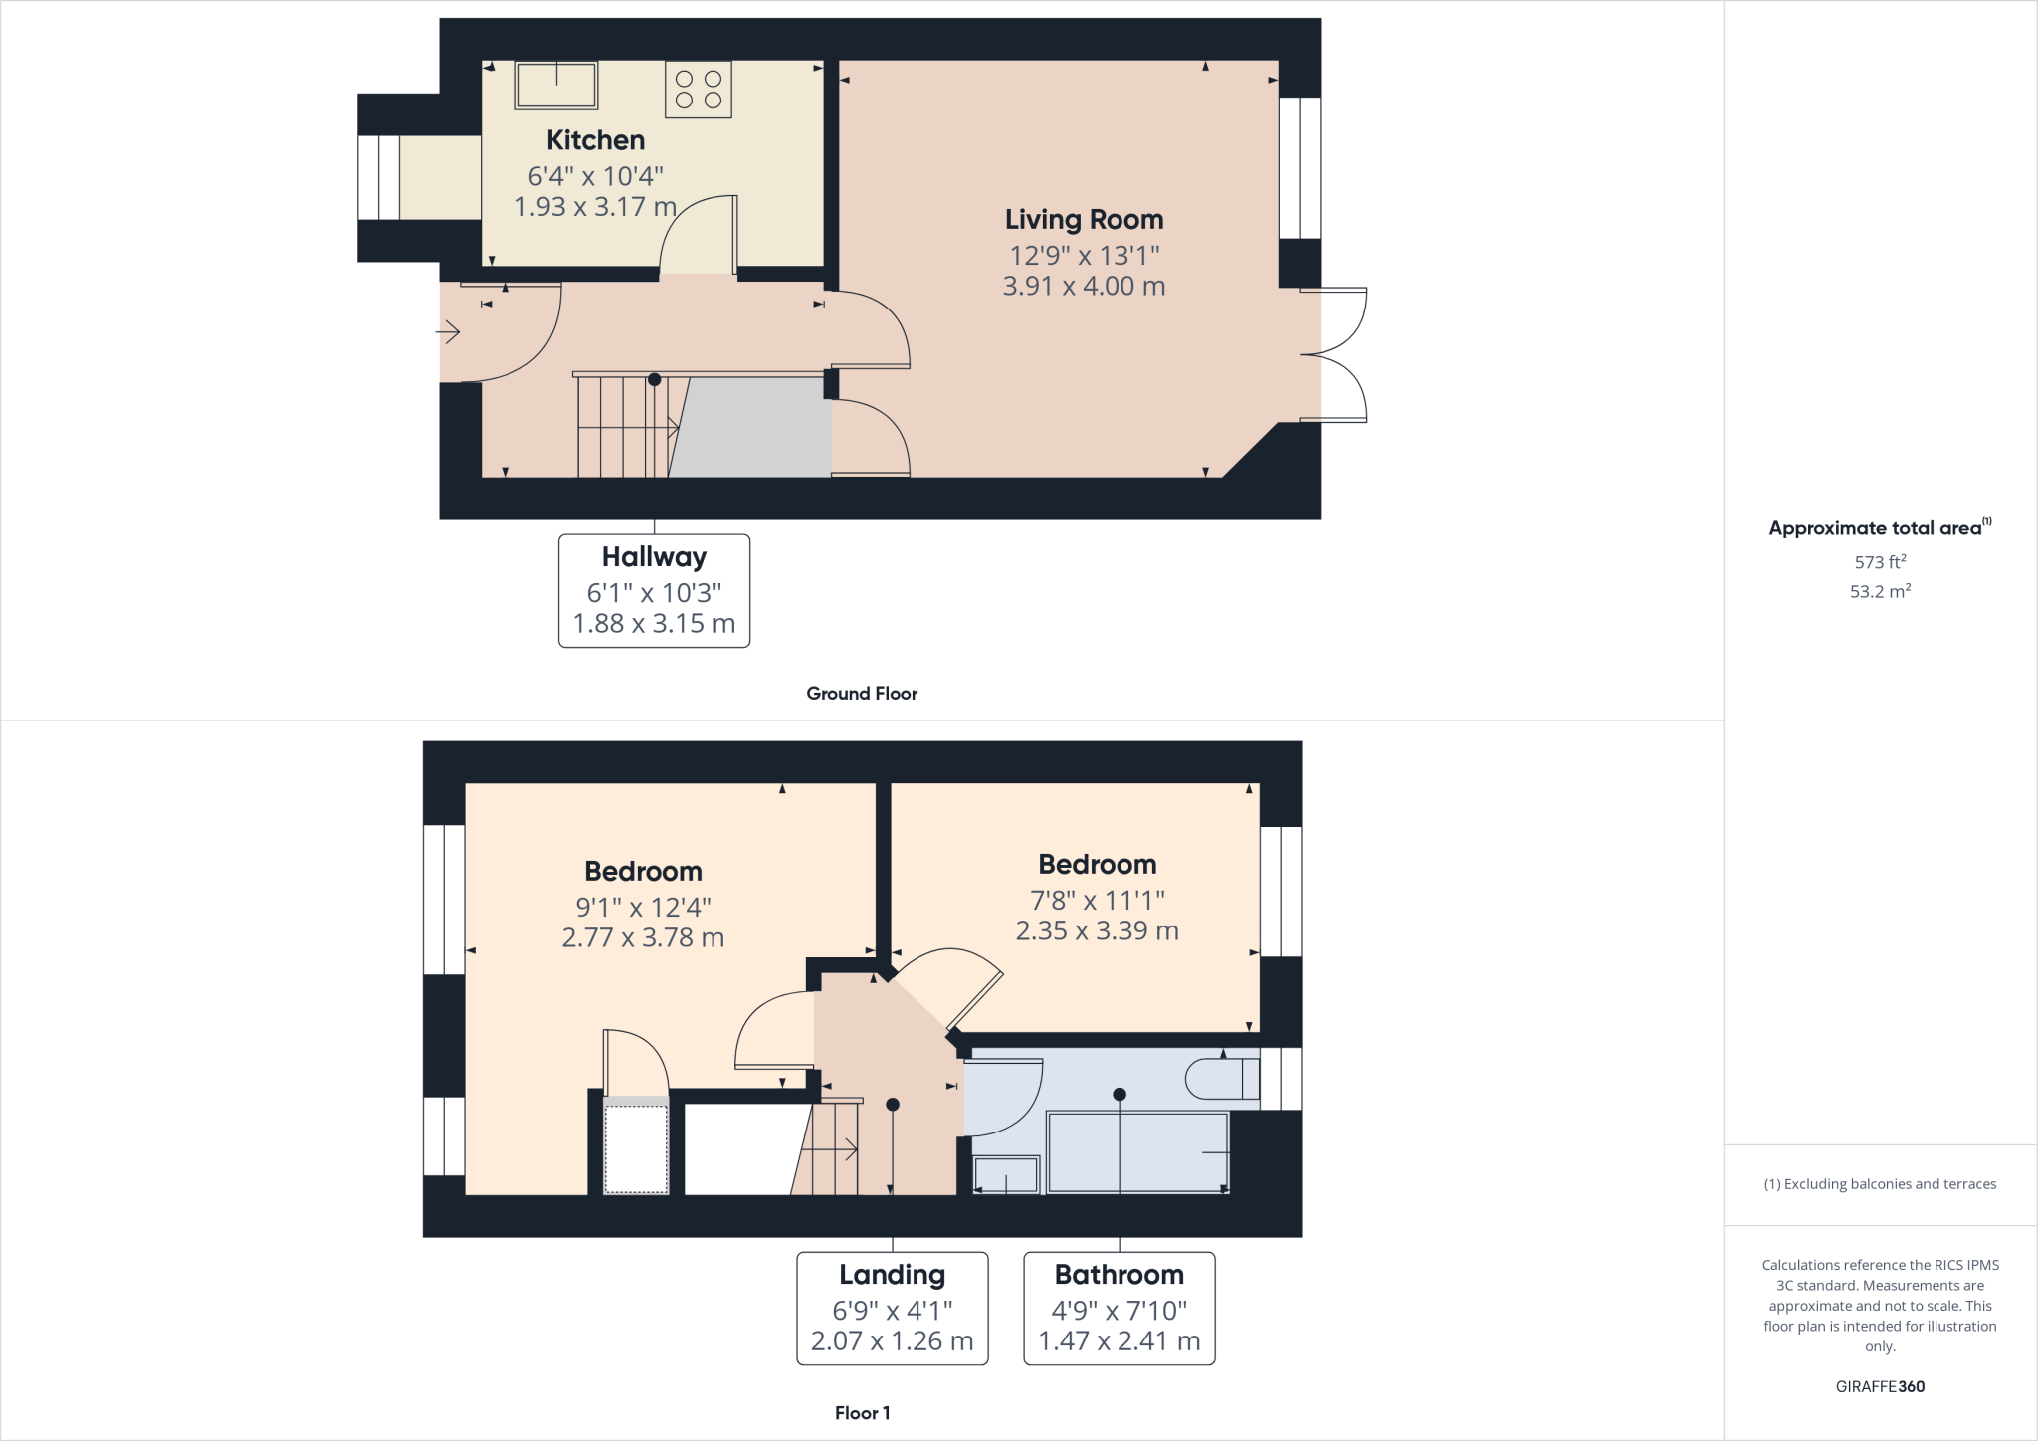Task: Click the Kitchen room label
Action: (595, 140)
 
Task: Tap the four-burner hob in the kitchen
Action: (698, 90)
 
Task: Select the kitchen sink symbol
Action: (555, 86)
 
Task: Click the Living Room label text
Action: (1084, 219)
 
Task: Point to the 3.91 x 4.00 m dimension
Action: (1084, 286)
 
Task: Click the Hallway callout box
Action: (654, 591)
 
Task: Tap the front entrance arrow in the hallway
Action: (449, 332)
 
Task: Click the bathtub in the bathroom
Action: (1137, 1152)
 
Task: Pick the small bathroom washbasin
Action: (1005, 1174)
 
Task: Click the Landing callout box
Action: (892, 1308)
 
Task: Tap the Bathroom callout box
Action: (1119, 1308)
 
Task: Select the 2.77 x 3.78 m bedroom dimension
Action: (643, 937)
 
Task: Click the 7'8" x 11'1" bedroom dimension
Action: (1097, 900)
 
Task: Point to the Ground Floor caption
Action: (862, 694)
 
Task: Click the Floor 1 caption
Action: (862, 1413)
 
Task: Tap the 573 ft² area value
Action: (1880, 562)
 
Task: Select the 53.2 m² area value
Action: (1880, 591)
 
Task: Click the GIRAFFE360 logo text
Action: (1880, 1386)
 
